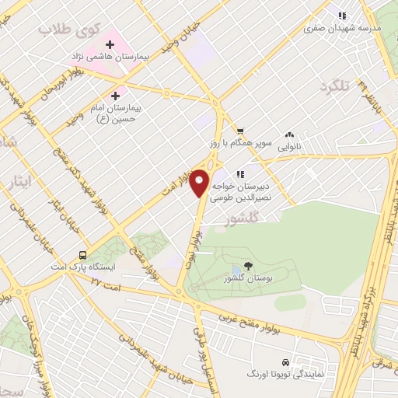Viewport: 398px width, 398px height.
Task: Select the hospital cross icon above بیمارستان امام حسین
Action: click(x=116, y=95)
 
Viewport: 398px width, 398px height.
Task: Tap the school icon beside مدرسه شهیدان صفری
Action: click(x=340, y=15)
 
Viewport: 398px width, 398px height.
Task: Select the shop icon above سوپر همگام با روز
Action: click(x=240, y=131)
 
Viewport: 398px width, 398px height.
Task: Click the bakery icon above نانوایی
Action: click(x=289, y=134)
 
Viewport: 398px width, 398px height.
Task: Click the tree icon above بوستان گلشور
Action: click(x=248, y=266)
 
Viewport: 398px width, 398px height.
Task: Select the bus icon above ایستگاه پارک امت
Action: click(x=82, y=255)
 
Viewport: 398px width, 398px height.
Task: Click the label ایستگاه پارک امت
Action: click(x=82, y=267)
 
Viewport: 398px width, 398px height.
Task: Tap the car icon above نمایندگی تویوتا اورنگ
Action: click(x=286, y=362)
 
